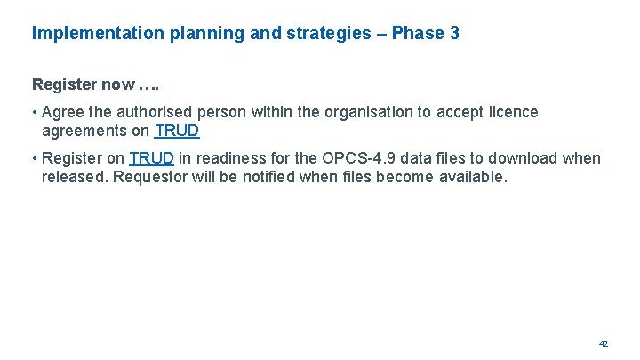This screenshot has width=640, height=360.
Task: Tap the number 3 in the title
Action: click(x=454, y=34)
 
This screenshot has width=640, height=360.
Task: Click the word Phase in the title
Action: click(x=419, y=34)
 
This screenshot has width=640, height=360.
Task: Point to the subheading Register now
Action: click(x=84, y=85)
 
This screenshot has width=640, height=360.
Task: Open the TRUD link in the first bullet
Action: click(x=177, y=131)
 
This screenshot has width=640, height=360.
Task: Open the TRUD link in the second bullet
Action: click(x=151, y=159)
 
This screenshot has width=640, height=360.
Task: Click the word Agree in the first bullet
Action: click(x=63, y=112)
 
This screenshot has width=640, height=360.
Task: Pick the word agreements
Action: click(x=84, y=131)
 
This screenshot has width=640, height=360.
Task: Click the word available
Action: click(x=472, y=177)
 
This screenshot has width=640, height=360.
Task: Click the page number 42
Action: click(x=603, y=343)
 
